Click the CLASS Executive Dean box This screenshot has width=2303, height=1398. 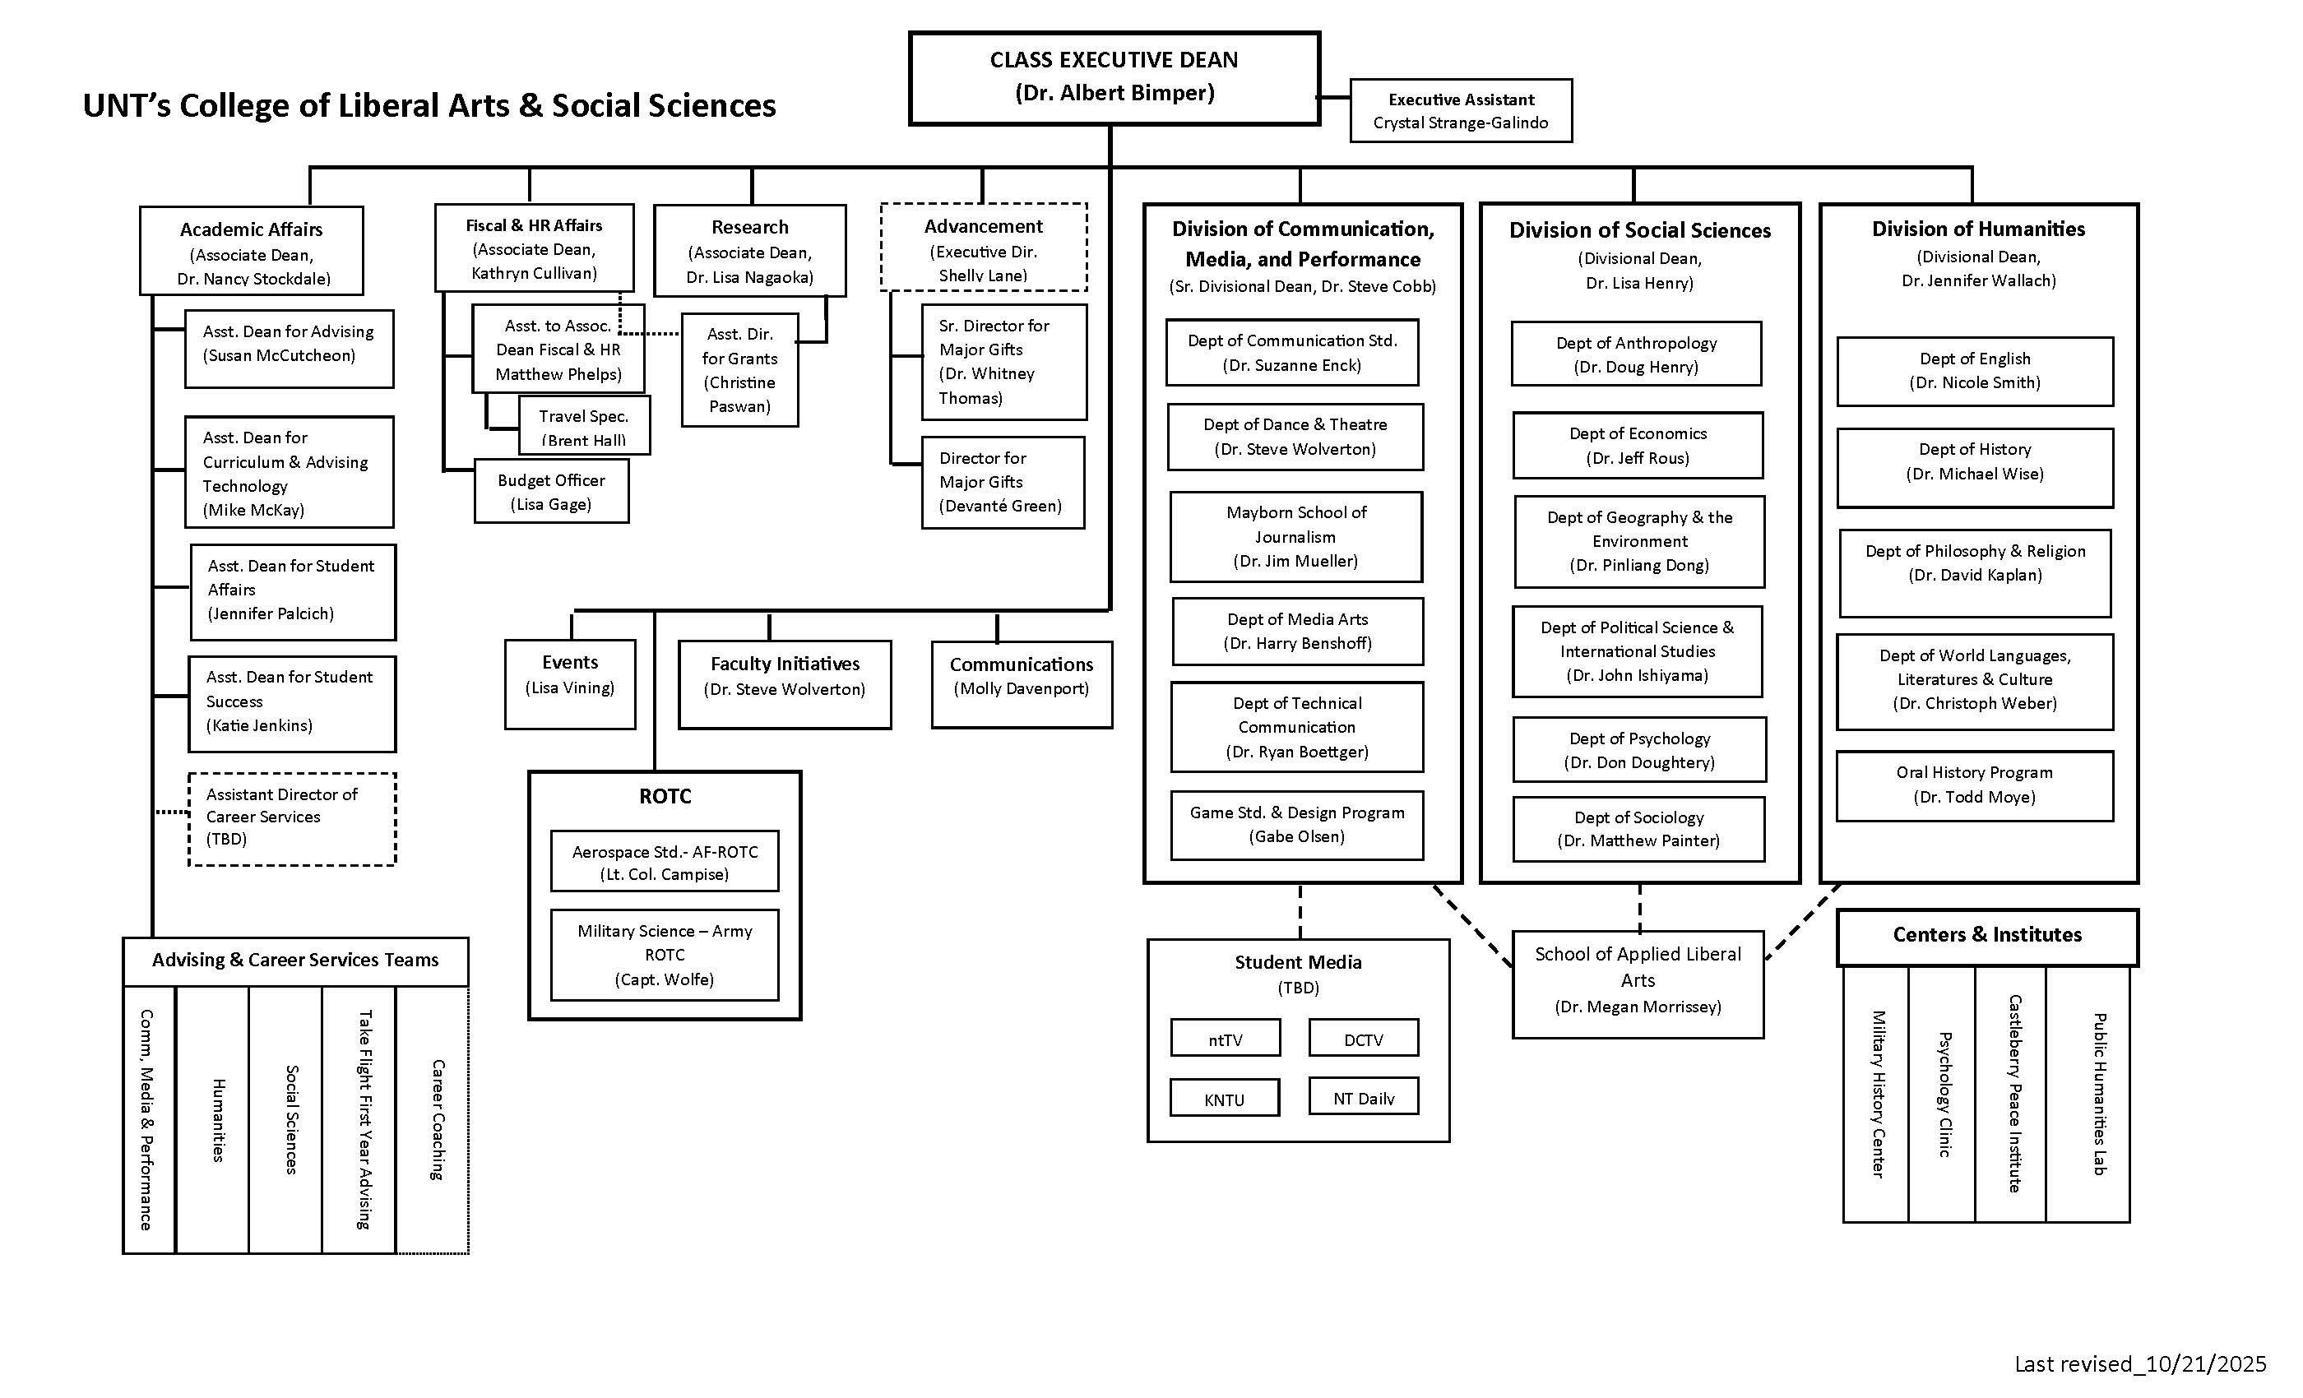tap(1114, 77)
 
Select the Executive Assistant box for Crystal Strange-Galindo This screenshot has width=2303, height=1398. tap(1461, 110)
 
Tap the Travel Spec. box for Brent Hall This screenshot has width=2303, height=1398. tap(584, 425)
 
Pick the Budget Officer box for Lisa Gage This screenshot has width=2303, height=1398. tap(551, 492)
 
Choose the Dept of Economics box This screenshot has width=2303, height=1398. tap(1638, 445)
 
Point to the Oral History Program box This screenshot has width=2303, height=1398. tap(1974, 785)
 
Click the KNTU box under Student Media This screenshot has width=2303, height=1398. tap(1225, 1098)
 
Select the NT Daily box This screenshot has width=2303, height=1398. tap(1364, 1097)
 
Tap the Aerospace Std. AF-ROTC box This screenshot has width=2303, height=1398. tap(665, 862)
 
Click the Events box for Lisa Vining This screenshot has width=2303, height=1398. tap(570, 683)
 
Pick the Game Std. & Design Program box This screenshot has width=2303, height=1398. tap(1296, 824)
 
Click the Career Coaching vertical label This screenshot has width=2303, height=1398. tap(437, 1118)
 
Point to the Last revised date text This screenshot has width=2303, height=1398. tap(2139, 1363)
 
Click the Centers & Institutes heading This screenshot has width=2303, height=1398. tap(1987, 936)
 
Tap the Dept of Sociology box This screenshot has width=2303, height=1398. tap(1638, 828)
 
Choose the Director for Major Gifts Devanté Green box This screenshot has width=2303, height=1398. tap(1002, 482)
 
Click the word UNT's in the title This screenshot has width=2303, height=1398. tap(126, 105)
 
